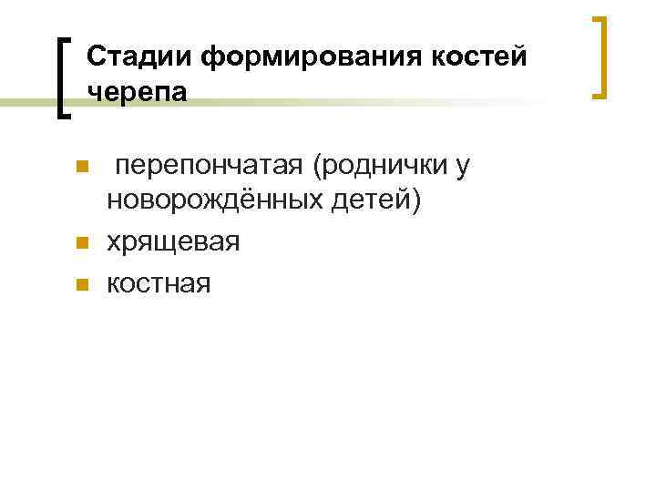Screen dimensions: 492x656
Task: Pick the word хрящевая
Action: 173,241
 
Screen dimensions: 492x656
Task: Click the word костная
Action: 159,283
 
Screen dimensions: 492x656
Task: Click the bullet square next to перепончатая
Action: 81,168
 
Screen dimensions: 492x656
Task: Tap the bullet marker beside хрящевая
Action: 81,243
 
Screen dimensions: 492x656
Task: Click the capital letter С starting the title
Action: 97,57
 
